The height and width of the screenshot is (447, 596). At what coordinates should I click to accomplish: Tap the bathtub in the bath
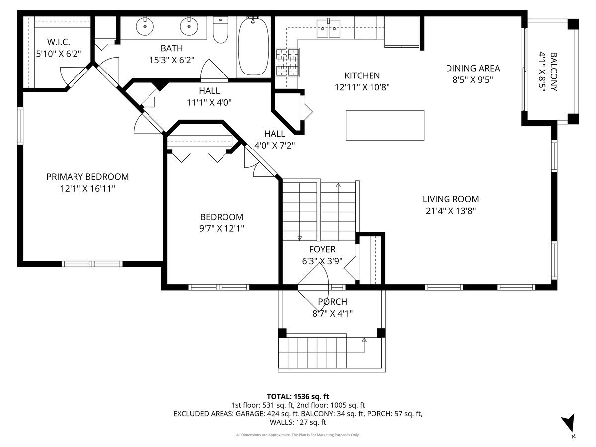253,47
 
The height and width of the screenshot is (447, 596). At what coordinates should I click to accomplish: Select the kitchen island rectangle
384,125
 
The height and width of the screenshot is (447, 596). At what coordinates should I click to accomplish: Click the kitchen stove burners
288,62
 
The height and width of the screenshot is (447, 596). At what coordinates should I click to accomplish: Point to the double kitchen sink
328,28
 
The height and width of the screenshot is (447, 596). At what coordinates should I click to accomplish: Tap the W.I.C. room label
59,42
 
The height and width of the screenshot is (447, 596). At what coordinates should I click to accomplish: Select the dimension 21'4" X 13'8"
451,211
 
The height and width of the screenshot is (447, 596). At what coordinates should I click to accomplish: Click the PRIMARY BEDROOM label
87,177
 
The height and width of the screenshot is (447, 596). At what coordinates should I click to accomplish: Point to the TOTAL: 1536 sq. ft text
298,396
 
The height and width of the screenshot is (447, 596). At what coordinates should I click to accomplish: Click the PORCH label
332,302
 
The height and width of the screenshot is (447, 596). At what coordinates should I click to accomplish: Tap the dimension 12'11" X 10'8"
362,87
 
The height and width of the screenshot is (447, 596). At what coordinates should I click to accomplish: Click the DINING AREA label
473,68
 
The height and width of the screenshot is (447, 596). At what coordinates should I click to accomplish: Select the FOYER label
322,249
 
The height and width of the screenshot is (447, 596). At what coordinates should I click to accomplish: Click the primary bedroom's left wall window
20,125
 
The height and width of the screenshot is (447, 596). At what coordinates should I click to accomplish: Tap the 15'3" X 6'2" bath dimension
172,60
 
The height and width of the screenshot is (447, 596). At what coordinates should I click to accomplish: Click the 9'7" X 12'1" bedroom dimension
222,229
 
